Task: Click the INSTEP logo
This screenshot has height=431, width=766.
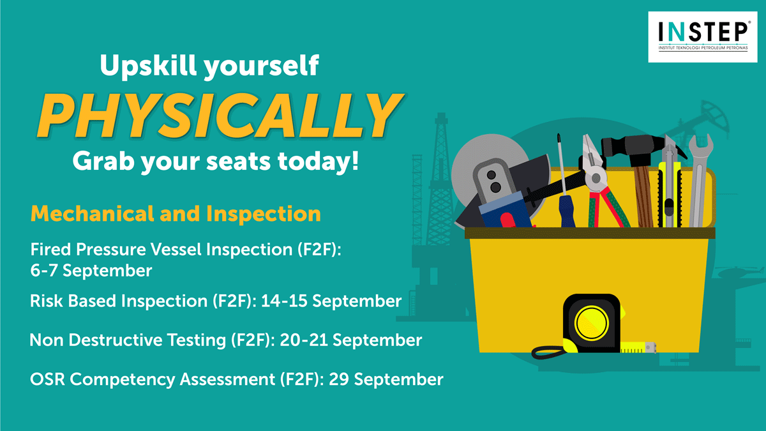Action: pos(703,37)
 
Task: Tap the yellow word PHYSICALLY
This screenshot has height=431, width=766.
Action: pos(221,116)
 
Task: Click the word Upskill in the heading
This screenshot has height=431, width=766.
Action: pos(148,66)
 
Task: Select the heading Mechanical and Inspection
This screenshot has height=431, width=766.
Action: pos(176,214)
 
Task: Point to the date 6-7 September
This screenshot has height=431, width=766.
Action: pos(91,271)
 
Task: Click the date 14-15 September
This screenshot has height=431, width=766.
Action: pos(331,301)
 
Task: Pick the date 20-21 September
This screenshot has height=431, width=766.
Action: pos(351,340)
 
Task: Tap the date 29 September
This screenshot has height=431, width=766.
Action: pos(386,379)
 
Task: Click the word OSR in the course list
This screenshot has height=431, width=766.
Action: pos(47,379)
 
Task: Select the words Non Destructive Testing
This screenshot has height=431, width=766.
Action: pos(128,340)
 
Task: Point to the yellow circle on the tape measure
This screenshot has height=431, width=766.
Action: pos(591,323)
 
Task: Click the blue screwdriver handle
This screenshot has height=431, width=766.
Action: pos(567,211)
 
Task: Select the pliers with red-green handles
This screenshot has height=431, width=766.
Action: pos(602,185)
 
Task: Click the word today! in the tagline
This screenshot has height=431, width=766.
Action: pos(319,162)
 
